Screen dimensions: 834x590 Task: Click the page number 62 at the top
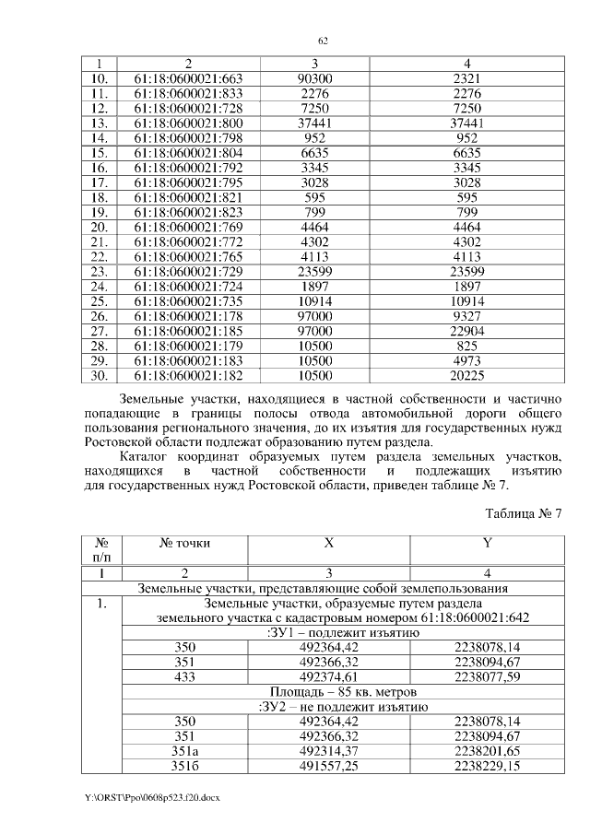point(324,41)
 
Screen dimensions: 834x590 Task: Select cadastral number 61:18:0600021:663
point(188,78)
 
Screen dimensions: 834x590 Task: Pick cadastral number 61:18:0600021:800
point(188,123)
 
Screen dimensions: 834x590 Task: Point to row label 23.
point(101,272)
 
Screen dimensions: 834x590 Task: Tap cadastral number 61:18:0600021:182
point(188,376)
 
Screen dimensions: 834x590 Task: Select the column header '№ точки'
point(185,544)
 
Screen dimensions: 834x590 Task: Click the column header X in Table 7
point(328,544)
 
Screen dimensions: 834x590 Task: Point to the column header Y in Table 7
point(487,544)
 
